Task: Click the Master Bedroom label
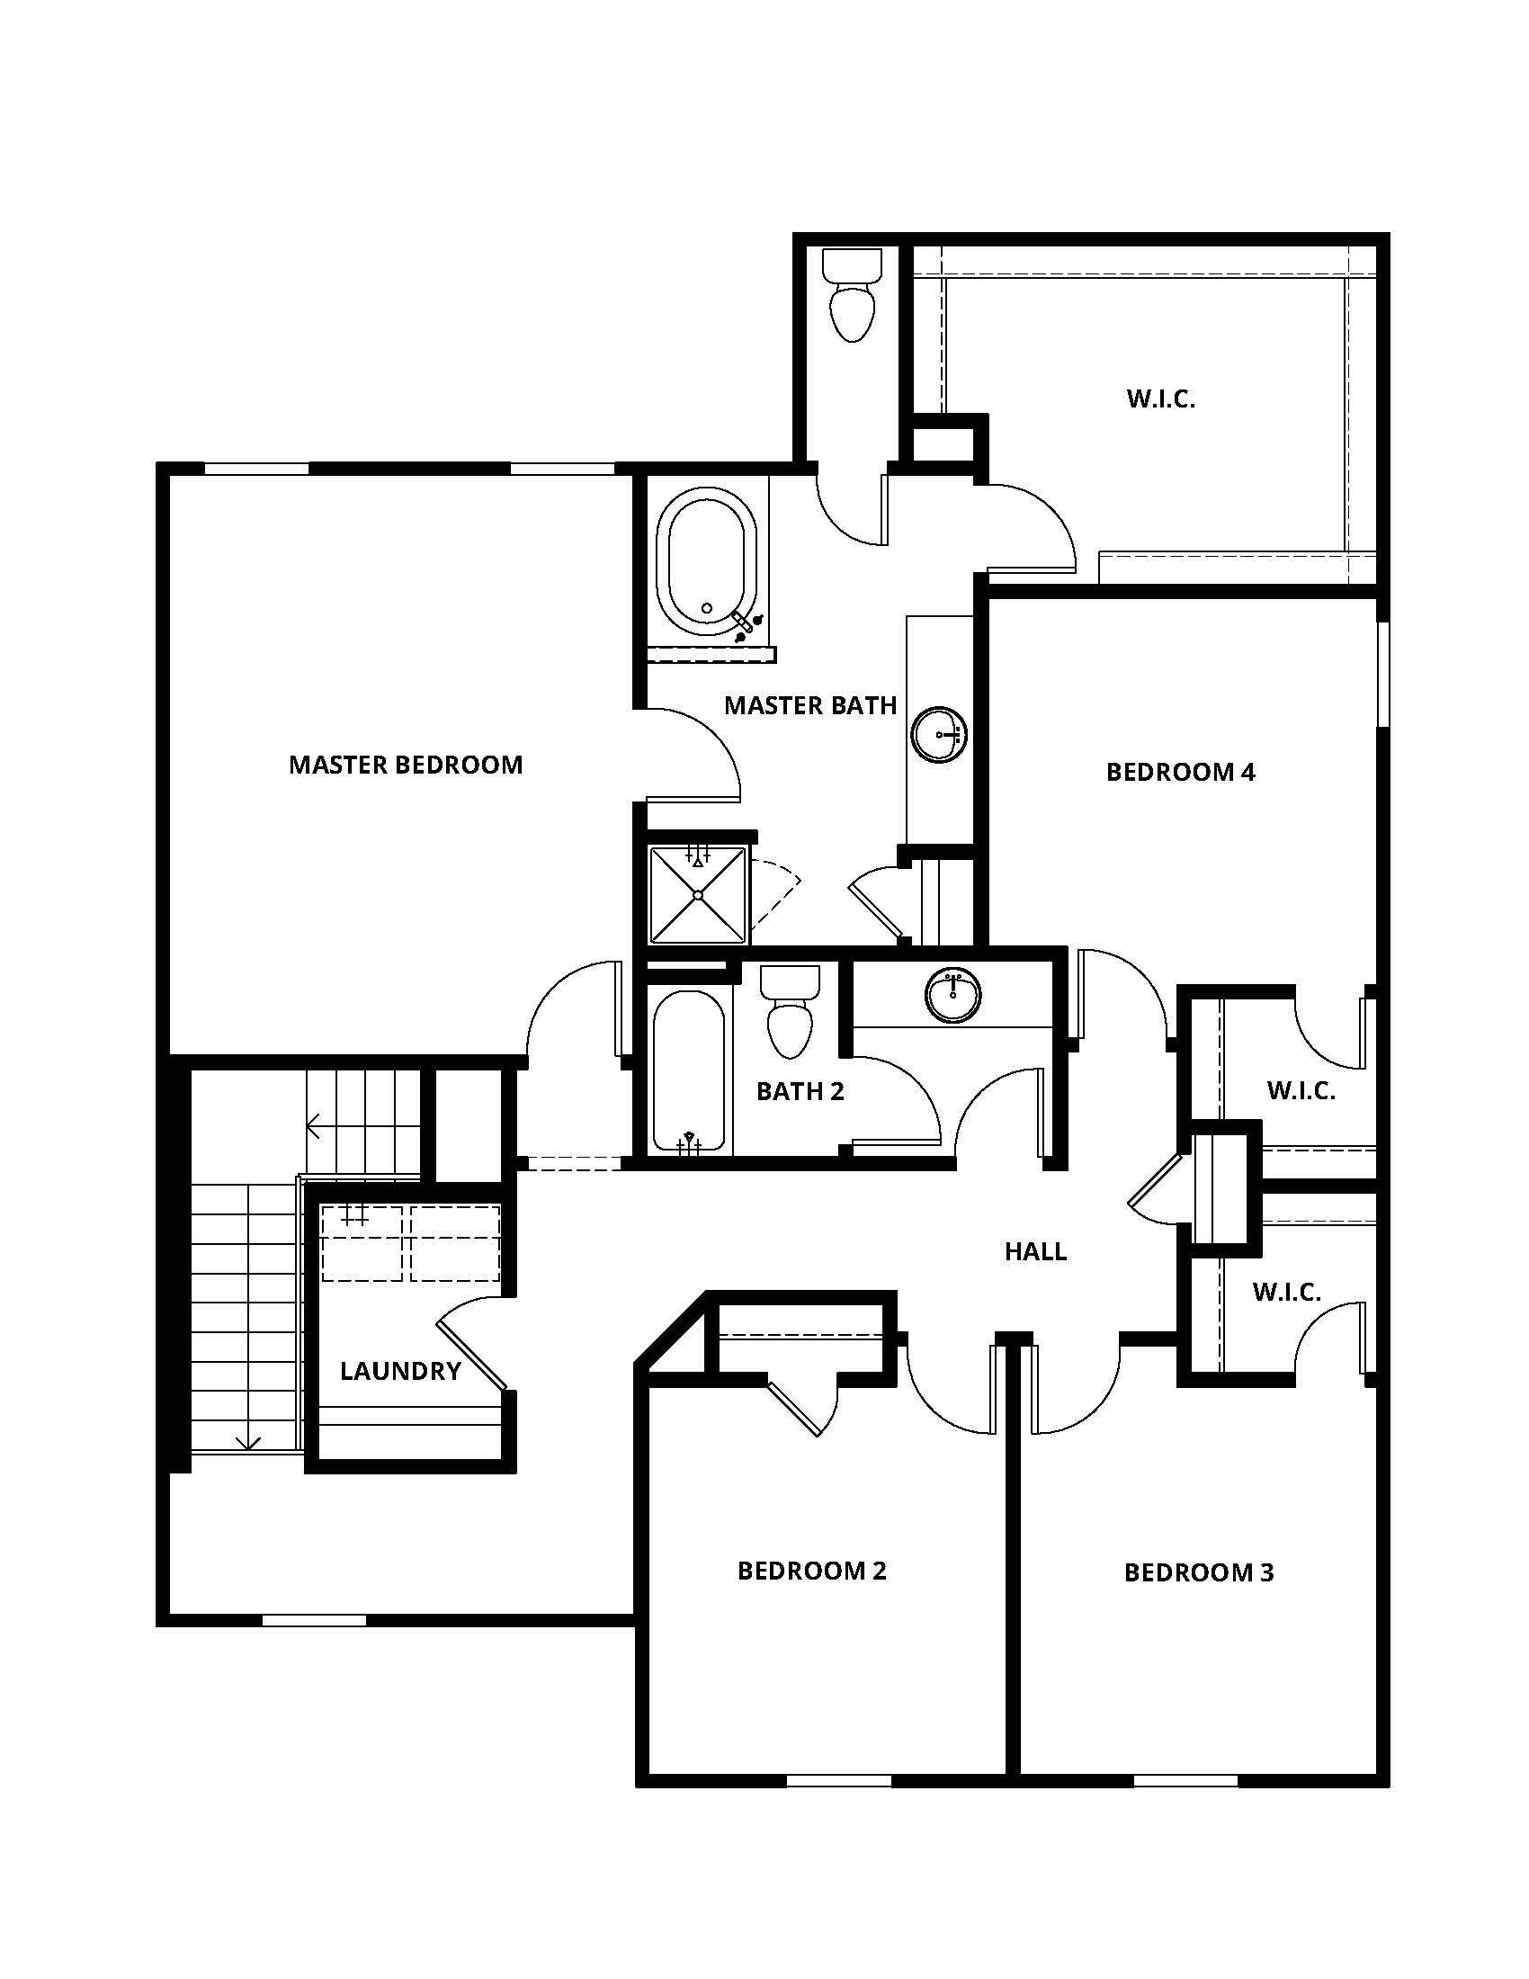(x=406, y=765)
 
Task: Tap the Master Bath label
(x=809, y=705)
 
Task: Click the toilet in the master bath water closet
(x=852, y=295)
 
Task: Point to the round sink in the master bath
(x=939, y=733)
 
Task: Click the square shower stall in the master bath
(x=698, y=894)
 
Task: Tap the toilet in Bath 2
(x=790, y=1011)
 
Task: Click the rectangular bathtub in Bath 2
(x=688, y=1072)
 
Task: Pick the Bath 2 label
(x=800, y=1091)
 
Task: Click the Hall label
(x=1035, y=1251)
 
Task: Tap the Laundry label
(x=400, y=1371)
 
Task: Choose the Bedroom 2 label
(x=811, y=1571)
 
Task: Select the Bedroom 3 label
(x=1198, y=1572)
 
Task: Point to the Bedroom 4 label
(x=1180, y=772)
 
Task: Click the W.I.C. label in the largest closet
(x=1161, y=398)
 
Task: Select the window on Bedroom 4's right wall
(x=1382, y=673)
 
